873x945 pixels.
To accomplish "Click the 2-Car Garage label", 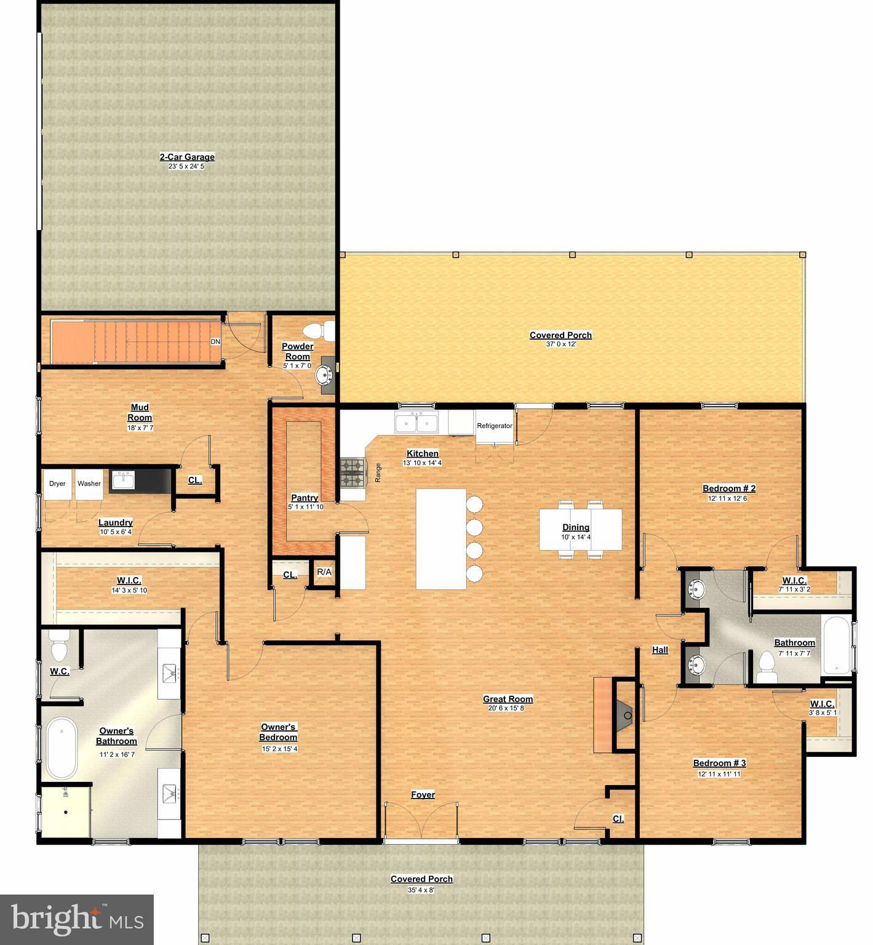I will coord(187,157).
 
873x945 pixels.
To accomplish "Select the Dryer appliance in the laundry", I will coord(57,484).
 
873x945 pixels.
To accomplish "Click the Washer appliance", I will coord(89,484).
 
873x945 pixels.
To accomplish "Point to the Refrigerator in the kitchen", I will coord(495,426).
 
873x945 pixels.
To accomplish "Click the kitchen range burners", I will coord(353,472).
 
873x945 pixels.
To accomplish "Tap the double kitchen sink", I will coord(417,423).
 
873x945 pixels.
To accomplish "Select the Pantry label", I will coord(305,498).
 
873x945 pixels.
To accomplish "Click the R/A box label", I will coord(324,572).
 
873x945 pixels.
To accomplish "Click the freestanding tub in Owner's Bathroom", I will coord(62,748).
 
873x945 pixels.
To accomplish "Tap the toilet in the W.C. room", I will coord(59,646).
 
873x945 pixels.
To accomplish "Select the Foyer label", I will coord(423,795).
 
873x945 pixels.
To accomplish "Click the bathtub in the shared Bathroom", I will coord(835,645).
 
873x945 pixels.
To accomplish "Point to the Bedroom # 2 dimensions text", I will coord(729,498).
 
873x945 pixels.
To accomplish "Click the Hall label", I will coord(660,650).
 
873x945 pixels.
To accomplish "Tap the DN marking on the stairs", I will coord(215,341).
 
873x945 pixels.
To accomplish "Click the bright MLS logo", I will coord(77,920).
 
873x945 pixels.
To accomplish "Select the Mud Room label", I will coord(140,412).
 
